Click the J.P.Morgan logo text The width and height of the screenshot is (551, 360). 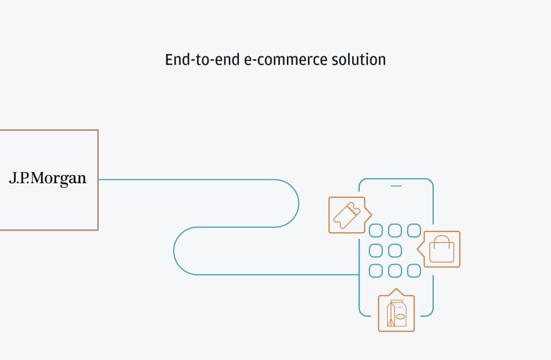(47, 179)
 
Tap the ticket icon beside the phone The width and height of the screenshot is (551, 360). (348, 214)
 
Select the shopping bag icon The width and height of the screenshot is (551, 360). (441, 250)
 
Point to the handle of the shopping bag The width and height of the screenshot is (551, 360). (441, 240)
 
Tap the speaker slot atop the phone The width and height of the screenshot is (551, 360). (396, 186)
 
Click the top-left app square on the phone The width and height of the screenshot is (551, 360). (375, 230)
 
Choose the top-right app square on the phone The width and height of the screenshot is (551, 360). (414, 230)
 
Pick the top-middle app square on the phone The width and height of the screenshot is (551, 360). (395, 230)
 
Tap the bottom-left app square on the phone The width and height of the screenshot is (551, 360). (375, 270)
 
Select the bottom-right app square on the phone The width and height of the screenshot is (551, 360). (414, 270)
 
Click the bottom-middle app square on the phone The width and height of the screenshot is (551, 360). (395, 270)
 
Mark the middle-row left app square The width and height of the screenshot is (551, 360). (375, 250)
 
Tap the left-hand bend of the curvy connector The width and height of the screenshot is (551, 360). (174, 251)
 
